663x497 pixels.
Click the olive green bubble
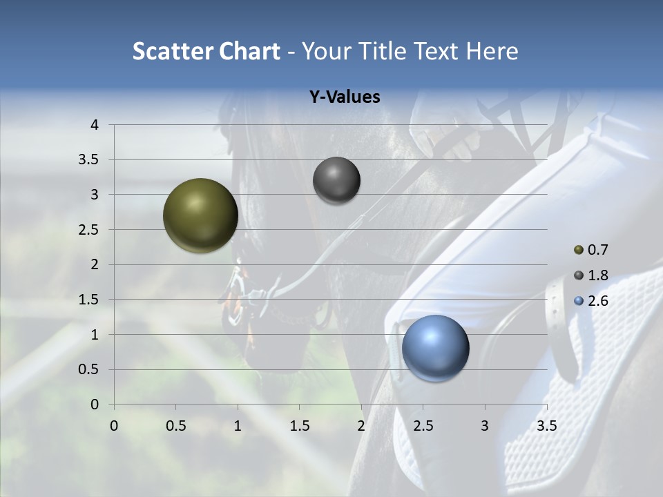click(200, 215)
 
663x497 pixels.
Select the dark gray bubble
click(336, 180)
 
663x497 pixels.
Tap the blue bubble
click(435, 348)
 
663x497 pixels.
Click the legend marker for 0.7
click(579, 250)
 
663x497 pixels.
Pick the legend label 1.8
click(598, 275)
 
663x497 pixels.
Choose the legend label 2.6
click(598, 301)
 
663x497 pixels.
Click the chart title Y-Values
click(345, 97)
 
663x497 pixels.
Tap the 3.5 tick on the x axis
click(547, 426)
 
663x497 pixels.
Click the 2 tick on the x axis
click(361, 426)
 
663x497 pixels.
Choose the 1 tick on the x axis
click(238, 426)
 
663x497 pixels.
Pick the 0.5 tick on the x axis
click(175, 426)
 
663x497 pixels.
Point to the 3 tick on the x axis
click(485, 426)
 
